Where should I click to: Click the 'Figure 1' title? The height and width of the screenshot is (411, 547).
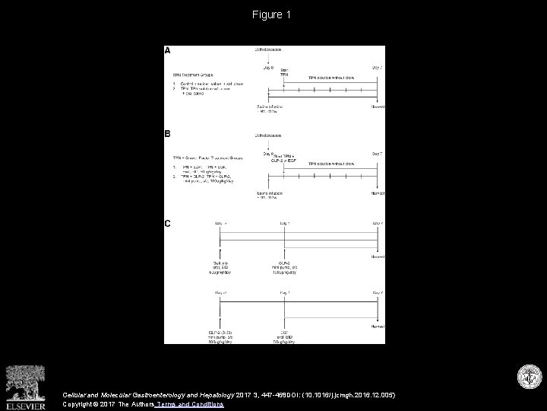273,14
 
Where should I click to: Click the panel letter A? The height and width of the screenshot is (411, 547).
168,51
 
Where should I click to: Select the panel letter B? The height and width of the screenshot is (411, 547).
168,135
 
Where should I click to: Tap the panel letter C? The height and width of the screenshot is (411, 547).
168,223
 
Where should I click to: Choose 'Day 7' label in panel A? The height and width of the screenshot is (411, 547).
376,67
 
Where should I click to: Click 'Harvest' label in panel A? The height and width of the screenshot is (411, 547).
376,107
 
